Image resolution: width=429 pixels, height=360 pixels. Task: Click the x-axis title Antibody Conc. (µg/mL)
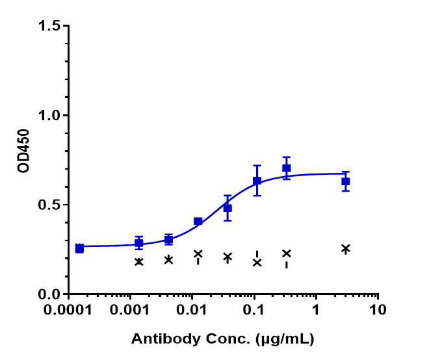click(x=223, y=339)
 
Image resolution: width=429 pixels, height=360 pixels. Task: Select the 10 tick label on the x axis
click(x=378, y=311)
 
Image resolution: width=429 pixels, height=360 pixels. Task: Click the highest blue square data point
click(x=286, y=168)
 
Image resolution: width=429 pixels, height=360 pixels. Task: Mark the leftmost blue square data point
click(x=79, y=248)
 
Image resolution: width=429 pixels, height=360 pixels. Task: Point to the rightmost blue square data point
click(x=346, y=181)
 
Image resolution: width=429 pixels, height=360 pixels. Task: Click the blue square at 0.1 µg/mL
click(x=257, y=181)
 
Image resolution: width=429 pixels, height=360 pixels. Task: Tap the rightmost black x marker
click(x=346, y=248)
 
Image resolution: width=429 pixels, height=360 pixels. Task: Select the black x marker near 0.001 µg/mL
click(x=138, y=261)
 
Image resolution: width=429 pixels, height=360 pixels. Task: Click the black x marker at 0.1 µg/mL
click(x=257, y=263)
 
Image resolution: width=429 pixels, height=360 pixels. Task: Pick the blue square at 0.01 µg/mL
click(x=198, y=221)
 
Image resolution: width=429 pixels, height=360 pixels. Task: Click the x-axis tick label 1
click(x=316, y=311)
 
